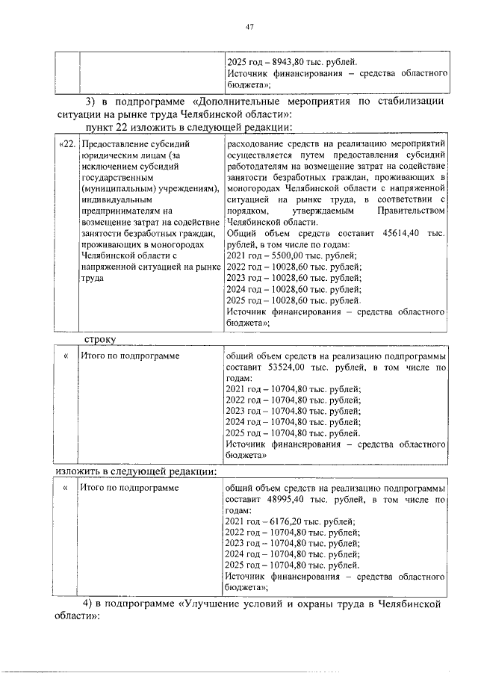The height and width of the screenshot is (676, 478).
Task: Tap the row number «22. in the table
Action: (67, 144)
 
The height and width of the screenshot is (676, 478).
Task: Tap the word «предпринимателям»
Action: (123, 211)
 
